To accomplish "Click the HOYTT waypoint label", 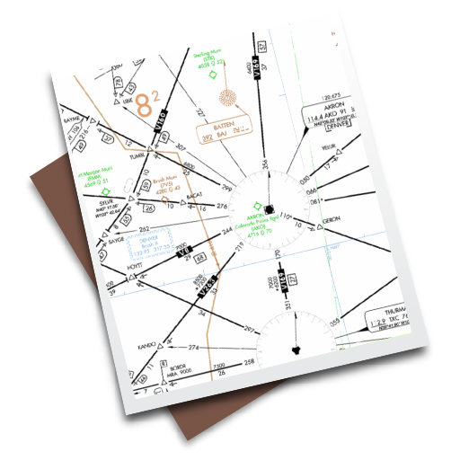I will coord(140,267).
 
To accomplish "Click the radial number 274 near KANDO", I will coord(191,346).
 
